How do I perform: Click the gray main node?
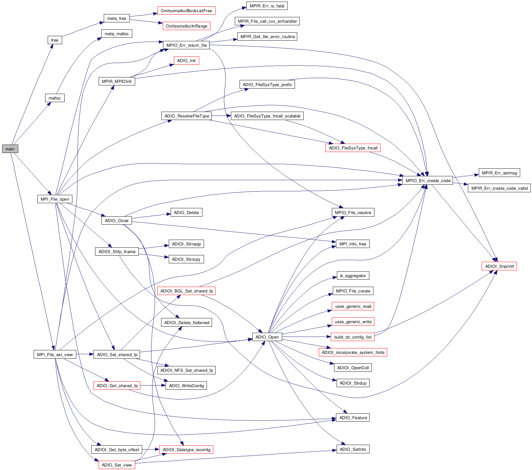click(x=10, y=149)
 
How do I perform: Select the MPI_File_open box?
click(x=55, y=199)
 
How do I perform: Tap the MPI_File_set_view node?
click(x=55, y=354)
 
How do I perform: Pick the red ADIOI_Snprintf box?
click(x=499, y=266)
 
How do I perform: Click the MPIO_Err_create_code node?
click(x=428, y=180)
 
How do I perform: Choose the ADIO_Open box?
click(x=267, y=337)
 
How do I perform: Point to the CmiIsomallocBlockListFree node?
click(x=186, y=11)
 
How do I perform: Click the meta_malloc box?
click(x=117, y=34)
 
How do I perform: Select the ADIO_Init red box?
click(x=186, y=60)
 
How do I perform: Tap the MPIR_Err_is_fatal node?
click(x=267, y=6)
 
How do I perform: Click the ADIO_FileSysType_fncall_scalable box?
click(x=267, y=116)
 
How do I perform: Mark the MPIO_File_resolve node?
click(x=353, y=212)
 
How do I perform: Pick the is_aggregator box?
click(x=353, y=275)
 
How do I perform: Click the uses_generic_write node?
click(x=353, y=322)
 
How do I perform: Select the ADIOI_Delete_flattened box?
click(x=186, y=323)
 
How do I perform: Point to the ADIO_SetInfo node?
click(x=353, y=449)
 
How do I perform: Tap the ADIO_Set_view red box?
click(x=117, y=465)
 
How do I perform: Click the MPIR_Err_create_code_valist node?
click(x=499, y=188)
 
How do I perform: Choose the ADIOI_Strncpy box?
click(x=186, y=259)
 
